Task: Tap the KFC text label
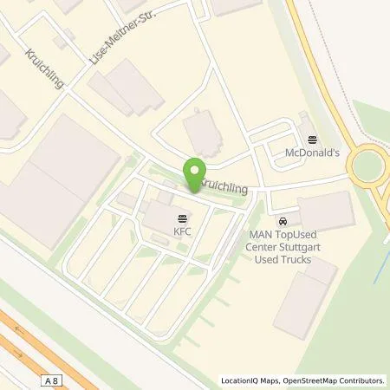(x=181, y=231)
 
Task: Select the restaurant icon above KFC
(x=181, y=218)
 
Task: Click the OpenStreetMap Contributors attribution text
(x=335, y=380)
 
